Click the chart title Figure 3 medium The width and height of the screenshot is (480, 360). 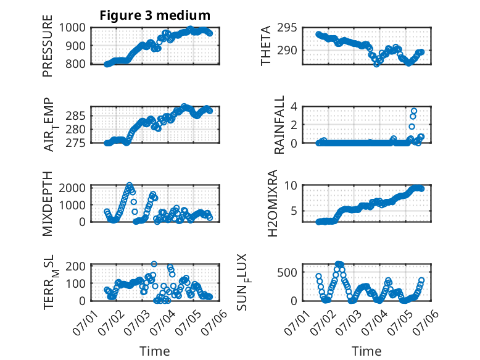coord(155,15)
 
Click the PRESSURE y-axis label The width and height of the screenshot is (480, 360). coord(48,46)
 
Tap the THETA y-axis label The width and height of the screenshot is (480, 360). coord(266,46)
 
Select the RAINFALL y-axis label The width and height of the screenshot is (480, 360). coord(279,125)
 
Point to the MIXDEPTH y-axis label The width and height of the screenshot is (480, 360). coord(48,204)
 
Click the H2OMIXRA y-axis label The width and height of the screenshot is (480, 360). coord(272,203)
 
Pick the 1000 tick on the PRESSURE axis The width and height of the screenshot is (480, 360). coord(72,28)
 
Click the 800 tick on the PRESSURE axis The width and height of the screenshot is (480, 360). coord(76,64)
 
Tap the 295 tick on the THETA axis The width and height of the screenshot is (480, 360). coord(287,28)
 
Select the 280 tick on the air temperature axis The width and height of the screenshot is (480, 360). coord(76,129)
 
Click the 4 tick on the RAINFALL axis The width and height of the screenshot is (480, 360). coord(294,107)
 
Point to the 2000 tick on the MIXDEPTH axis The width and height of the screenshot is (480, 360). coord(72,188)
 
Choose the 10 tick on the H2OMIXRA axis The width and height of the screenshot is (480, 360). coord(291,185)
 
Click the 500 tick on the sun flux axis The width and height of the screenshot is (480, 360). coord(287,272)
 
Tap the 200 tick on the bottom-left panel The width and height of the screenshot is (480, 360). coord(76,266)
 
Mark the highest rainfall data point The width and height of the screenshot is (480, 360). coord(414,111)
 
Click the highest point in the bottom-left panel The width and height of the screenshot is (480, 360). coord(154,264)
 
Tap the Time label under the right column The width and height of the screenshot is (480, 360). coord(366,351)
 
